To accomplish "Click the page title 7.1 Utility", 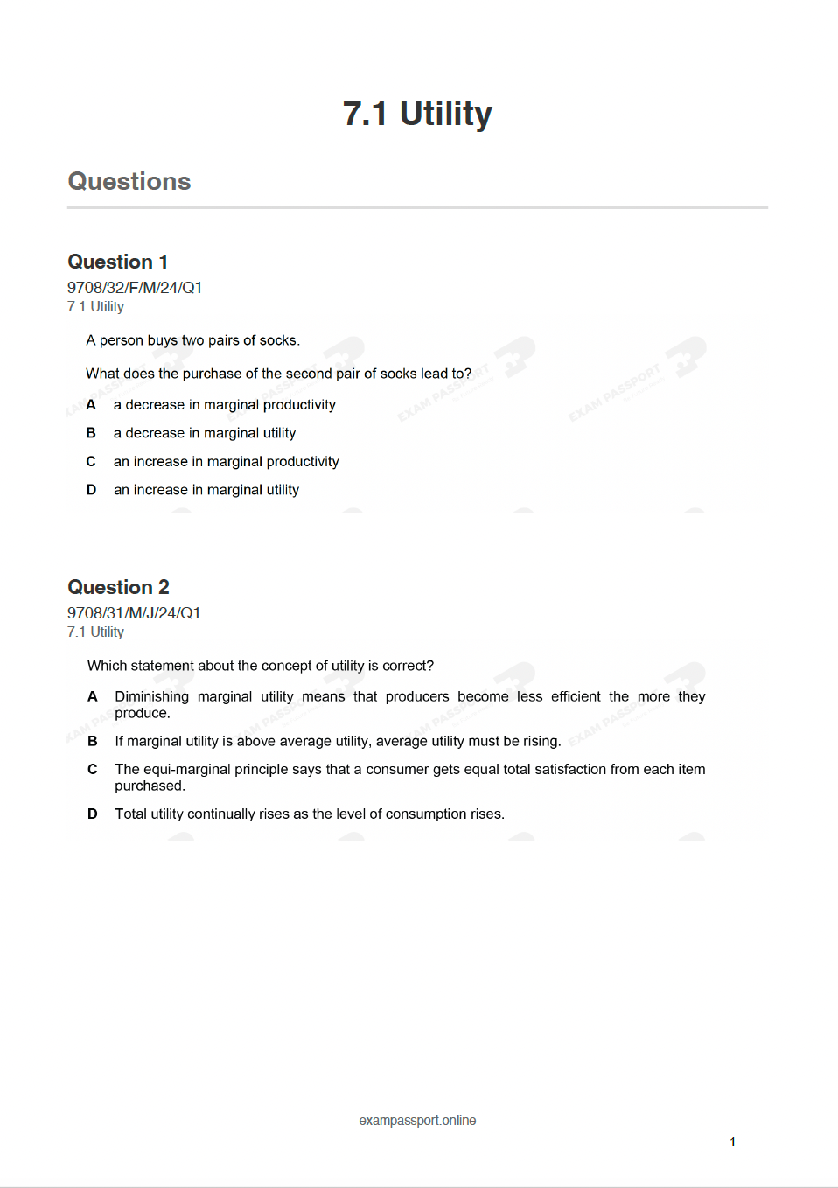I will (x=417, y=114).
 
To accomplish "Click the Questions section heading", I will (x=129, y=181).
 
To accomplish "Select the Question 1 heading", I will (x=117, y=262).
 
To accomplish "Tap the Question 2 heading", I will (x=118, y=587).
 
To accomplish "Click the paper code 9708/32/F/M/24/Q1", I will (x=135, y=288).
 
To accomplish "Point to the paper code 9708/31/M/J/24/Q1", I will (x=134, y=613).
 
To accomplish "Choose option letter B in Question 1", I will (x=91, y=433).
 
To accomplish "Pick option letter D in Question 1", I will (x=91, y=490).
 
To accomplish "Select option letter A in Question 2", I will (x=92, y=696).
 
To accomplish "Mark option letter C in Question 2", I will (x=92, y=769).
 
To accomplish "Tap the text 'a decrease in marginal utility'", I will (x=205, y=433).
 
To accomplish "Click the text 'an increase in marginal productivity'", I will (x=226, y=462).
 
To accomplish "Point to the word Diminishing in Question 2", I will (x=151, y=696).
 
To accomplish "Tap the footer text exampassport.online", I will (x=417, y=1121).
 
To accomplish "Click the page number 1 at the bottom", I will (x=732, y=1142).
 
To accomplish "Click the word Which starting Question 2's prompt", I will (x=107, y=666).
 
